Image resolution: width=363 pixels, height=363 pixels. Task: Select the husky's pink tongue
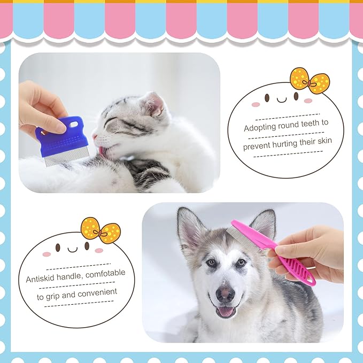(226, 311)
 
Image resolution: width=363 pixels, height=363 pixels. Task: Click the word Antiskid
(42, 279)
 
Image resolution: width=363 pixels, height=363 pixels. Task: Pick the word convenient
(99, 292)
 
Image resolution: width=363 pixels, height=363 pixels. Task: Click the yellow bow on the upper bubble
(310, 81)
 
